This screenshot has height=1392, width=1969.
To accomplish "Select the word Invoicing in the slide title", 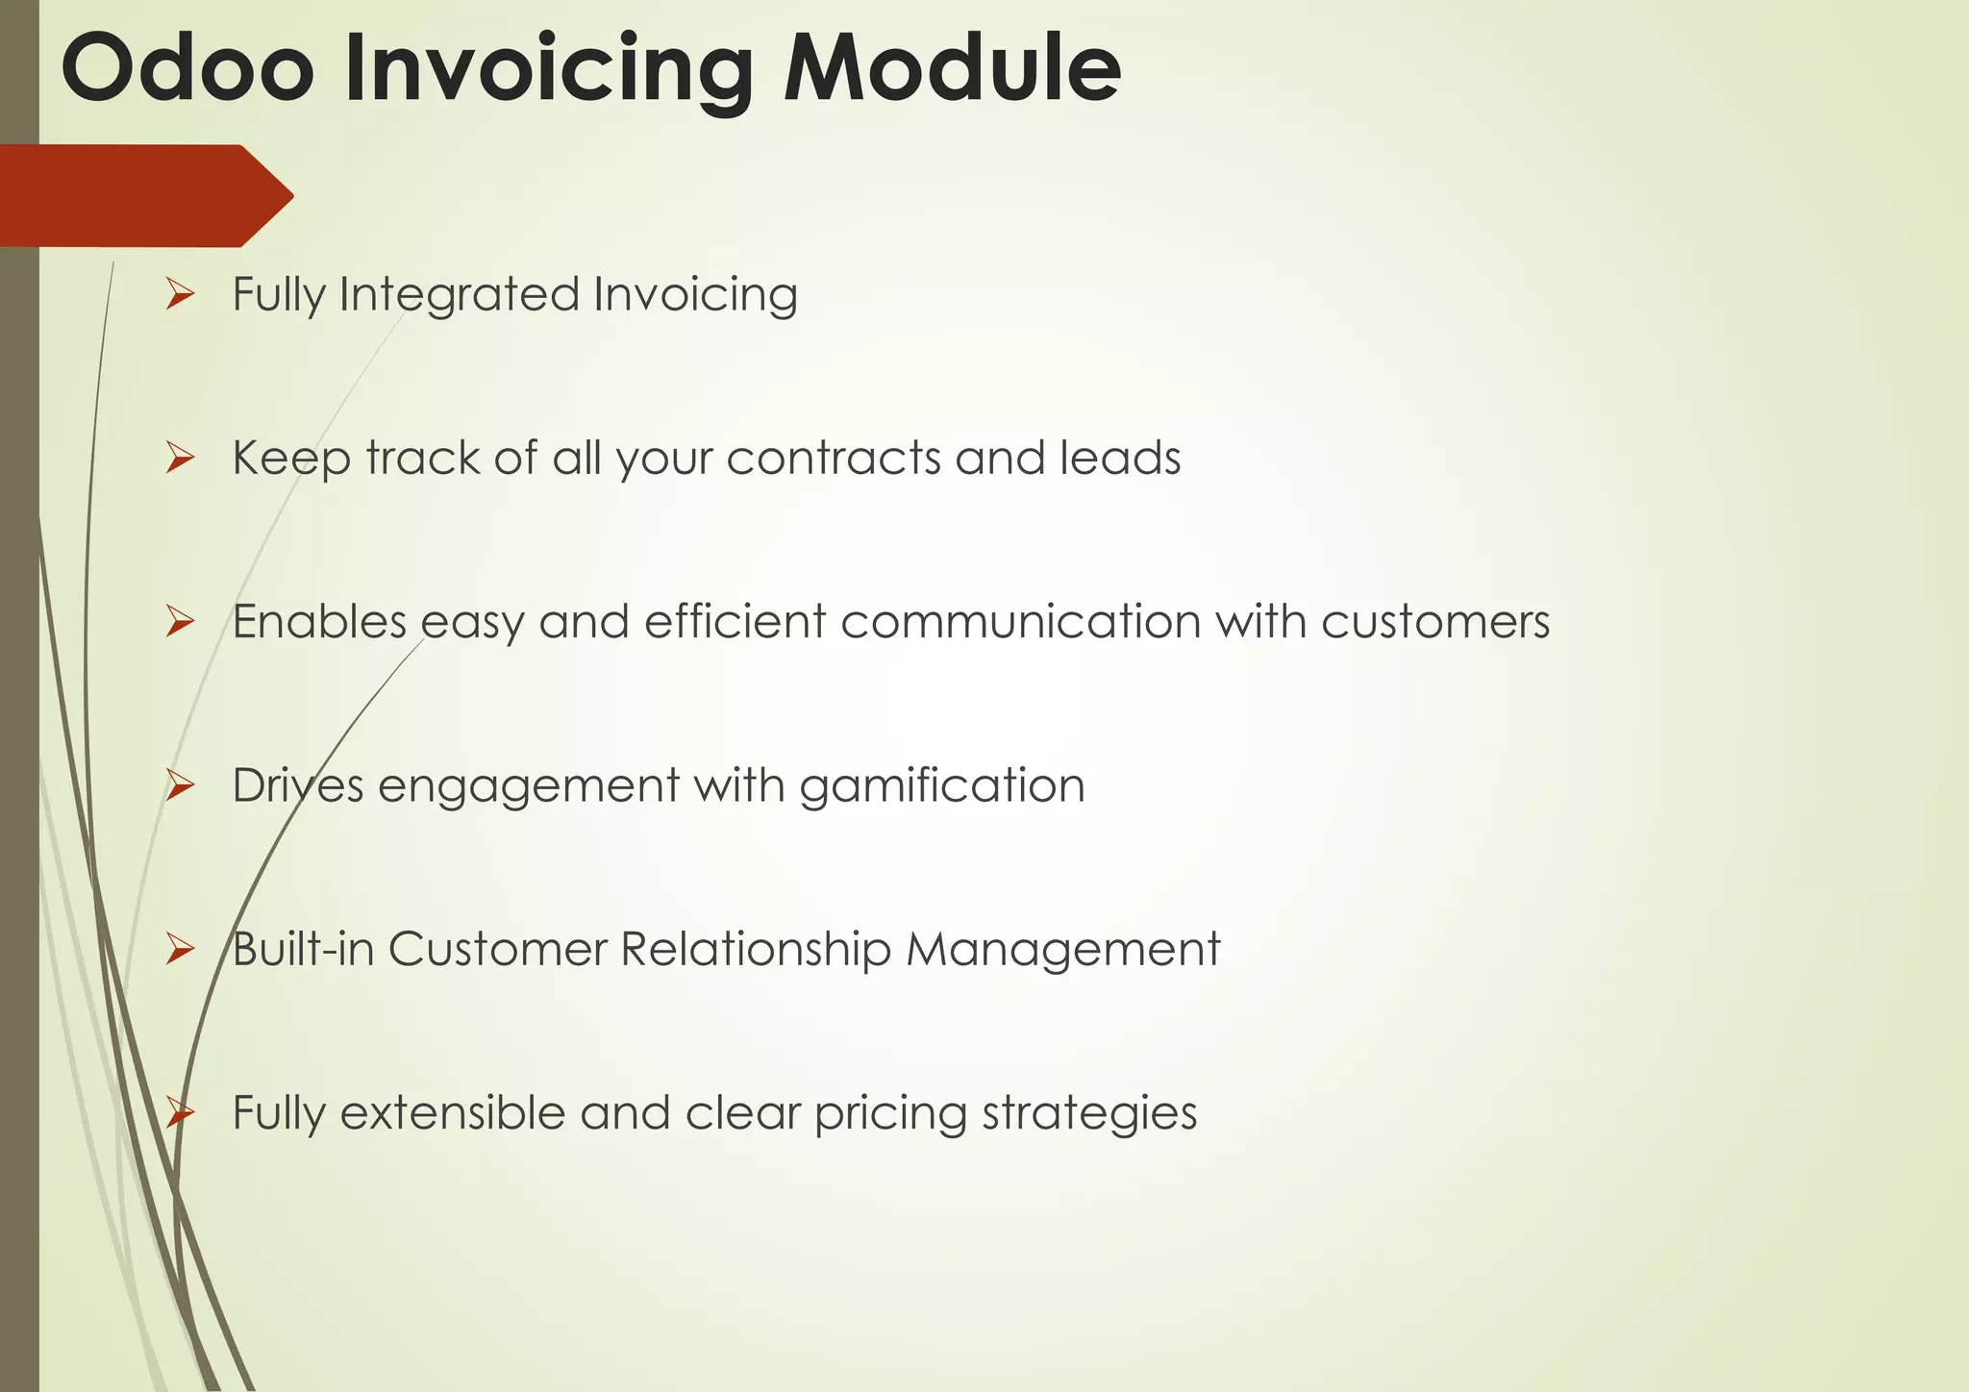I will coord(548,69).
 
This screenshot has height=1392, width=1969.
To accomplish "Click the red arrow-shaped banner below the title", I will coord(144,196).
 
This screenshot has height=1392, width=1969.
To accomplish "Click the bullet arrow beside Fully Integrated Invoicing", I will coord(180,294).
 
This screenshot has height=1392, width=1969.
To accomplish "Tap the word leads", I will coord(1120,458).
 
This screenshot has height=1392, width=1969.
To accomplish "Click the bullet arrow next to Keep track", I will coord(180,458).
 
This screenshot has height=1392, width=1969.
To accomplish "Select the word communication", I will coord(1020,622).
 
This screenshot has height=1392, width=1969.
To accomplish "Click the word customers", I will coord(1435,622).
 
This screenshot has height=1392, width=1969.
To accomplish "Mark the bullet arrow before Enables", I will coord(180,622).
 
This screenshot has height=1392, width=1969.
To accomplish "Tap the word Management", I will coord(1062,950).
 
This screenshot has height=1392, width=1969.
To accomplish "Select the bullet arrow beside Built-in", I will coord(180,950).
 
